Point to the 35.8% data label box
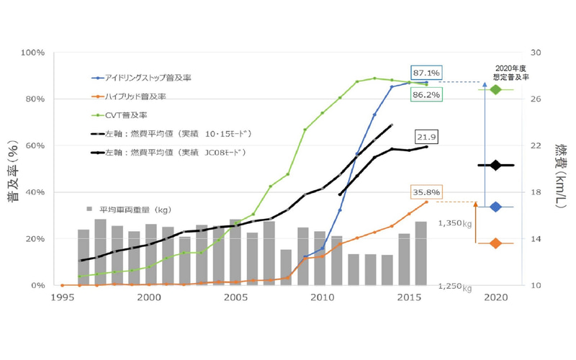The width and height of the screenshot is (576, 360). (426, 192)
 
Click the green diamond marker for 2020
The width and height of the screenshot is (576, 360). (495, 89)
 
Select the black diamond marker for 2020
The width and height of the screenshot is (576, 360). (495, 165)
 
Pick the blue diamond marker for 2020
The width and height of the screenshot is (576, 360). (495, 207)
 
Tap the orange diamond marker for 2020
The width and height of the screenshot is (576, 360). (495, 243)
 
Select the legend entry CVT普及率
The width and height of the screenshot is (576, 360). (122, 114)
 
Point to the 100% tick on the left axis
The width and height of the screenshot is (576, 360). (34, 53)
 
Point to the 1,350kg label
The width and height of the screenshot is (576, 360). (456, 224)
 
